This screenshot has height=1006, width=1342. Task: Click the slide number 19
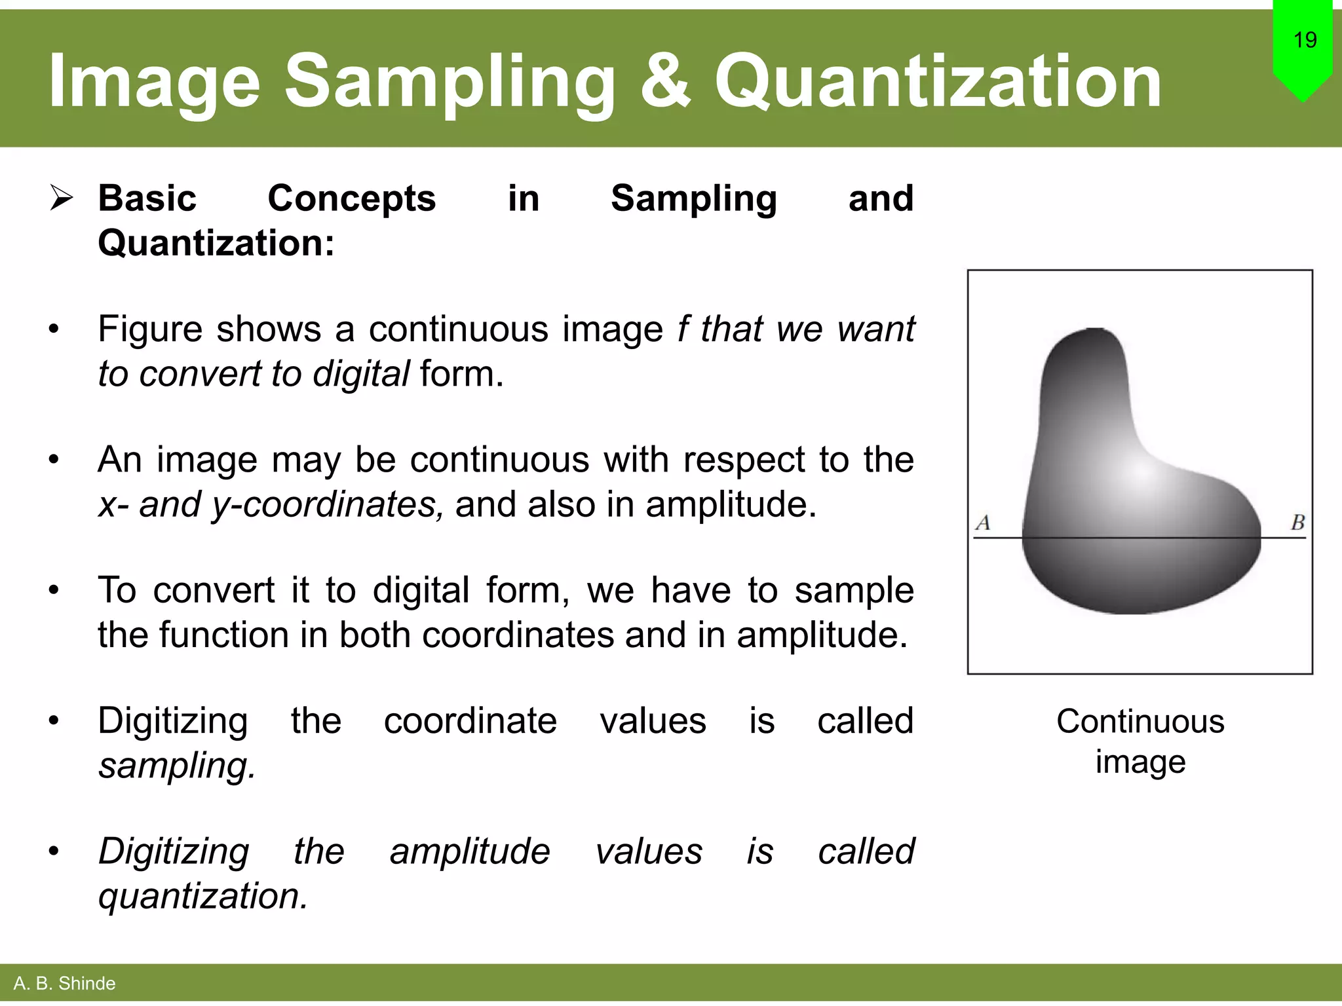coord(1305,40)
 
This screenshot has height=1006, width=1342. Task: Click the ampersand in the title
coord(665,82)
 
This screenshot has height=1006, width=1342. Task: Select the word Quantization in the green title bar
coord(938,82)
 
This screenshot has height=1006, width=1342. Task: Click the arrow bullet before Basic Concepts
coord(61,198)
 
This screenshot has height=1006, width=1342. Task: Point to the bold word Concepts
coord(351,198)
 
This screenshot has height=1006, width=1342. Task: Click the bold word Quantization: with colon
coord(216,243)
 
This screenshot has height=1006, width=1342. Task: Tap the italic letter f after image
coord(683,328)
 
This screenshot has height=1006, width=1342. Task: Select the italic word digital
coord(361,373)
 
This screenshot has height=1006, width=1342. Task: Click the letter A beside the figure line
coord(983,523)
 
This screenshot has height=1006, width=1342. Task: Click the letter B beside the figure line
coord(1297,523)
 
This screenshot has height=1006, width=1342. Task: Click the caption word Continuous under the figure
coord(1140,721)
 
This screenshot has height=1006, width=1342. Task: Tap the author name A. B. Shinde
coord(64,983)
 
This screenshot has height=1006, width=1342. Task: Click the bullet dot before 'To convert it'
coord(54,590)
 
